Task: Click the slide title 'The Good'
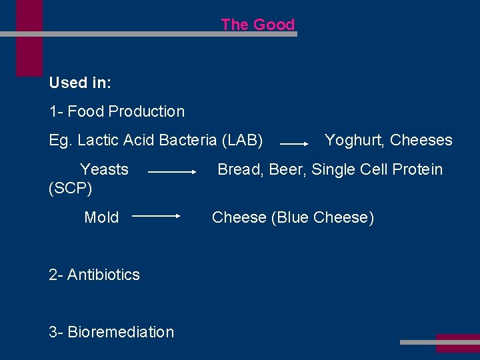pos(257,25)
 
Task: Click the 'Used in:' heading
pos(80,83)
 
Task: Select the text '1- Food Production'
pos(117,111)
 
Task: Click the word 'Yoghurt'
pos(354,140)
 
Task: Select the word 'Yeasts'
pos(104,169)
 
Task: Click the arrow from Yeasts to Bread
pos(172,172)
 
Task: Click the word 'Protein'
pos(417,169)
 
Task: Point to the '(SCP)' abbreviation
pos(71,189)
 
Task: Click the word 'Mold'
pos(101,217)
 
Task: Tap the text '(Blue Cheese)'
pos(323,217)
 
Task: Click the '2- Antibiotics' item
pos(95,275)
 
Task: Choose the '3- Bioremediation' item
pos(111,332)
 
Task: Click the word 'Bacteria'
pos(189,140)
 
